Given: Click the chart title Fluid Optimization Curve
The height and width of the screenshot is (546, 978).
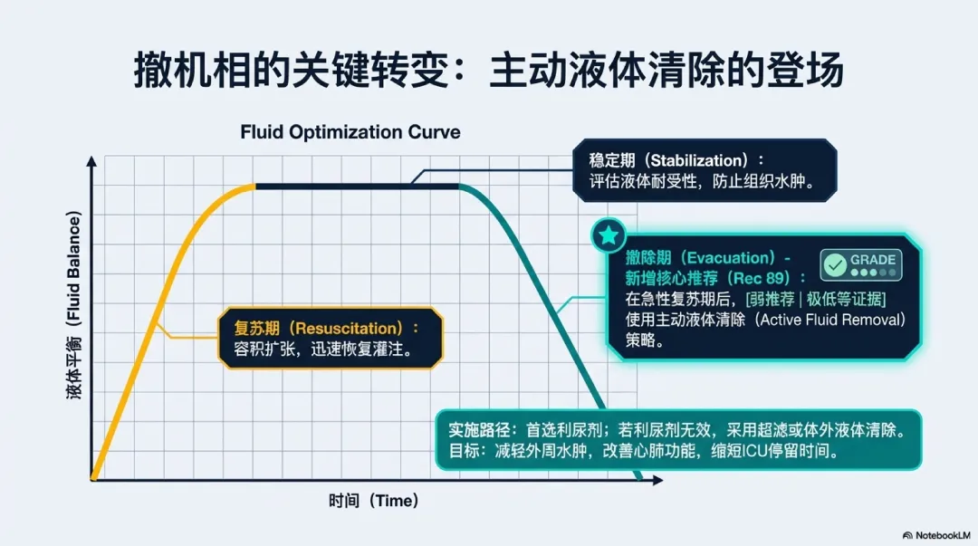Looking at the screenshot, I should tap(350, 132).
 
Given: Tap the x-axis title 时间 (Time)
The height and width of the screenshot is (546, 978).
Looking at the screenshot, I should tap(373, 501).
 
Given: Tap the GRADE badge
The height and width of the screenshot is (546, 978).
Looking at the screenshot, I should tap(859, 264).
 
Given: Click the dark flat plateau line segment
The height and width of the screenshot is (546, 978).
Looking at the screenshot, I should tap(358, 186).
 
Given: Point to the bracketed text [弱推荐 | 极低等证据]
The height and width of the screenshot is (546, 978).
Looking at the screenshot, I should tap(815, 299).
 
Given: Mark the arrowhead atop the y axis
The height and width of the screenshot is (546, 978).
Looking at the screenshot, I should tap(91, 160).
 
